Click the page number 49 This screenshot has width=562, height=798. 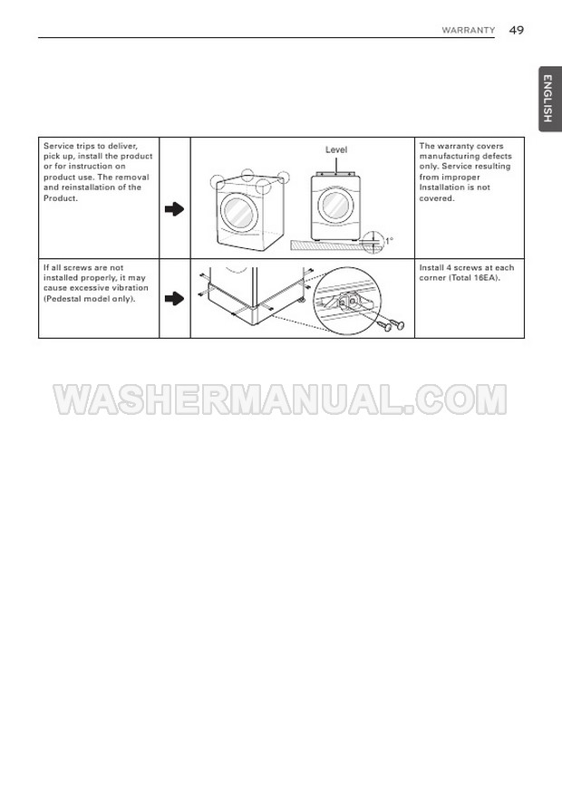[516, 31]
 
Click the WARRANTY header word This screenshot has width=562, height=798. [469, 31]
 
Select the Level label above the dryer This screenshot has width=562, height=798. [336, 149]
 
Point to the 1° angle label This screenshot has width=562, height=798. [389, 241]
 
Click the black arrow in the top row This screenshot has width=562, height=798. [174, 208]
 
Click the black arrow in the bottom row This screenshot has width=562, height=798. [174, 298]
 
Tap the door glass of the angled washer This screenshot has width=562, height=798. [237, 213]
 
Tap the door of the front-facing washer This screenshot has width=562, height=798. [335, 205]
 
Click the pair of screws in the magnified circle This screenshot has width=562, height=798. [392, 324]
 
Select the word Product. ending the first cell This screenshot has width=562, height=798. [61, 198]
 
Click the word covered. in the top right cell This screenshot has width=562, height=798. [437, 198]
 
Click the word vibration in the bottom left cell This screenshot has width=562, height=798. [131, 288]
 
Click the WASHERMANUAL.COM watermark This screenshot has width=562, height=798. [280, 399]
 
